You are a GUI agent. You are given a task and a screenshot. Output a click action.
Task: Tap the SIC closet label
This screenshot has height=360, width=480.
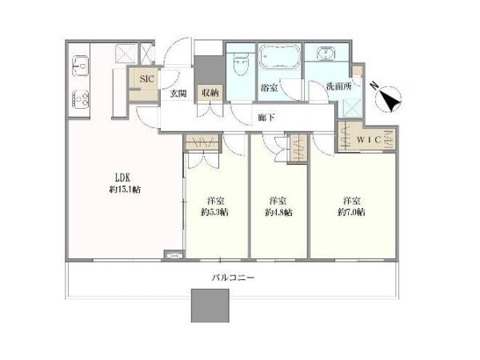[x=146, y=79]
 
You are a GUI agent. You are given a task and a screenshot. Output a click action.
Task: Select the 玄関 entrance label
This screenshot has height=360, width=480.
[x=178, y=93]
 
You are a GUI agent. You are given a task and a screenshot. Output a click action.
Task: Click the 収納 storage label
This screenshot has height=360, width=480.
[x=210, y=93]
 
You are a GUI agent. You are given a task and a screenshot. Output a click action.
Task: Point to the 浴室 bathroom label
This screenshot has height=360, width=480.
[x=270, y=87]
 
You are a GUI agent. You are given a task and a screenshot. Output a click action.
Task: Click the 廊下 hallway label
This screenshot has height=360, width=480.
[x=265, y=117]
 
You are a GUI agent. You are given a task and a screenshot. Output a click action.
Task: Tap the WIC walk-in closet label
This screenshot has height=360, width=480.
[x=370, y=139]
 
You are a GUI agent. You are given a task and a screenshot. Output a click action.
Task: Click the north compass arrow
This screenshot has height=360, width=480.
[x=389, y=100]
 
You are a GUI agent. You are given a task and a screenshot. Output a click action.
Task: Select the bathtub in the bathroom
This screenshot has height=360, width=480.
[x=279, y=60]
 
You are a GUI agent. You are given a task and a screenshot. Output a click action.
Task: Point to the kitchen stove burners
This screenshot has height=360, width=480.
[x=82, y=98]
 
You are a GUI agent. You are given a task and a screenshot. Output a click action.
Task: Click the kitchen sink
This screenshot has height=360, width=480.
[x=81, y=63]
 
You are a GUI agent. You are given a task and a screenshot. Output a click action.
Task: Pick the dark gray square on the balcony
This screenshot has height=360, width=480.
[x=210, y=304]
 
